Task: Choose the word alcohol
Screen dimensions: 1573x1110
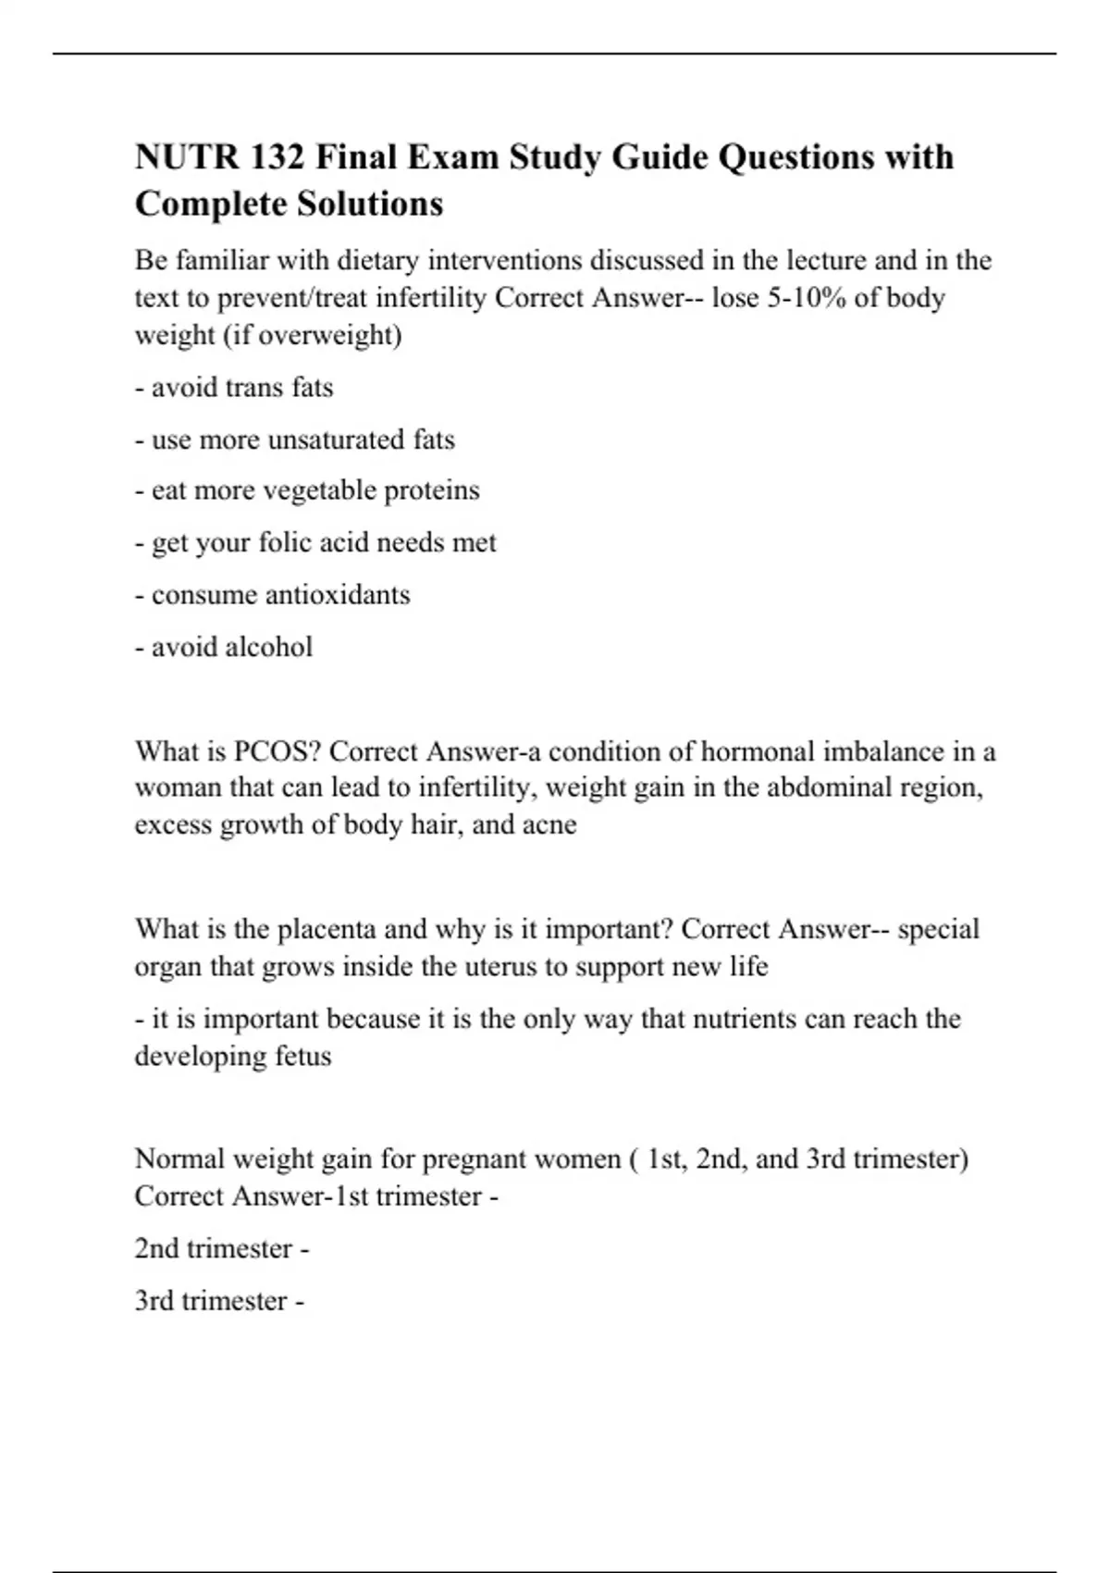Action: (x=269, y=647)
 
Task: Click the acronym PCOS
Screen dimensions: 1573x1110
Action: (x=269, y=751)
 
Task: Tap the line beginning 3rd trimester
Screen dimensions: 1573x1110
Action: (x=219, y=1301)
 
